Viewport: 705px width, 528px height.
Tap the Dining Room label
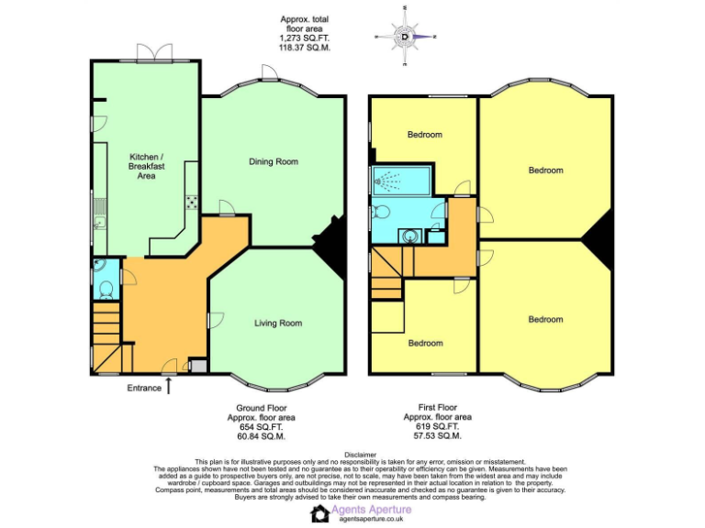click(x=274, y=162)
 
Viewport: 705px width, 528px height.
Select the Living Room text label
click(x=278, y=323)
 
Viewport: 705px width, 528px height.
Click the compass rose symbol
click(x=405, y=37)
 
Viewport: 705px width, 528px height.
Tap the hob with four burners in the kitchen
click(x=193, y=203)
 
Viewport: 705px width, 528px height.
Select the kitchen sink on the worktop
click(x=98, y=219)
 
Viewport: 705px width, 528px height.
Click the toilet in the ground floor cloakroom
click(x=105, y=289)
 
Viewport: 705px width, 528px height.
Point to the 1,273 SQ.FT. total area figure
click(x=303, y=38)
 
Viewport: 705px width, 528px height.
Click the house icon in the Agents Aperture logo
click(x=320, y=514)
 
